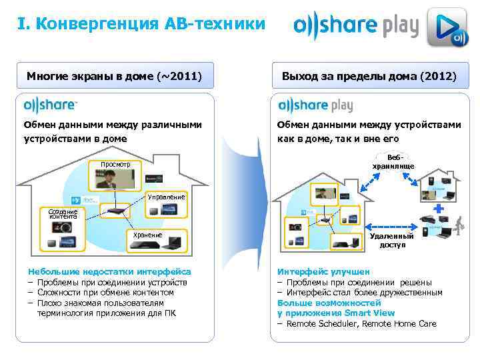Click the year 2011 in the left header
(x=180, y=76)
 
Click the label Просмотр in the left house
(x=116, y=164)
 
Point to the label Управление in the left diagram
(x=166, y=197)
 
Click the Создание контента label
(x=63, y=214)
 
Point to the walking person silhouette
(x=459, y=227)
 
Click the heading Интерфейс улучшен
(x=323, y=272)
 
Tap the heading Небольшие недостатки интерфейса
(x=109, y=272)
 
